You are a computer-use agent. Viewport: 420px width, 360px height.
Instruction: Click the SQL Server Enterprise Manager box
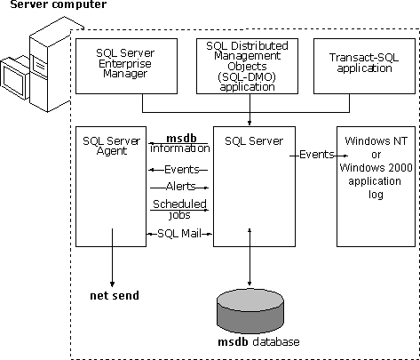tap(126, 66)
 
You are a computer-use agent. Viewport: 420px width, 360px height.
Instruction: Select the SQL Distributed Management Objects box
tap(247, 66)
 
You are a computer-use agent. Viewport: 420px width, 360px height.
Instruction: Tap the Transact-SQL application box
tap(364, 66)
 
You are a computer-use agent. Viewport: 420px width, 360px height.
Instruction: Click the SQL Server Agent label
tap(112, 146)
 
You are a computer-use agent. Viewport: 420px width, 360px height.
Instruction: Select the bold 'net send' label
tap(115, 296)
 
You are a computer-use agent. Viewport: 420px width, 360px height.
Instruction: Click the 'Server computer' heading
tap(59, 4)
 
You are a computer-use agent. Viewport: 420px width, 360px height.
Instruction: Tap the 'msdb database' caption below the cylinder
tap(258, 342)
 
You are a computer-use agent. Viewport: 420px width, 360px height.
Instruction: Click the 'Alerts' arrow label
tap(181, 187)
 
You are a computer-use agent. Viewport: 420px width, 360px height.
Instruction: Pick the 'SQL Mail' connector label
tap(179, 234)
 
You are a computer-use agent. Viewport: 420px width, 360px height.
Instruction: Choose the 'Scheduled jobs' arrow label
tap(179, 209)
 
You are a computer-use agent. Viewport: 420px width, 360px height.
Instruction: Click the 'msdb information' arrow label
tap(180, 143)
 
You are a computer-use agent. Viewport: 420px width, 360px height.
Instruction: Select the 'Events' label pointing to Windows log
tap(317, 155)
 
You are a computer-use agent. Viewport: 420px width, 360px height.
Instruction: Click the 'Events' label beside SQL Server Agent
tap(182, 170)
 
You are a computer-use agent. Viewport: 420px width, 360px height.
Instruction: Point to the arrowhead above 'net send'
tap(112, 284)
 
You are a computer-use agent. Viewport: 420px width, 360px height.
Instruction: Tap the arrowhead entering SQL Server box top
tap(250, 123)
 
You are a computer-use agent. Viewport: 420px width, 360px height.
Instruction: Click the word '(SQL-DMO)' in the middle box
tap(247, 76)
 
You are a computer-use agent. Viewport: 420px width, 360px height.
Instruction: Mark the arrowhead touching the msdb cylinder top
tap(250, 284)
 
